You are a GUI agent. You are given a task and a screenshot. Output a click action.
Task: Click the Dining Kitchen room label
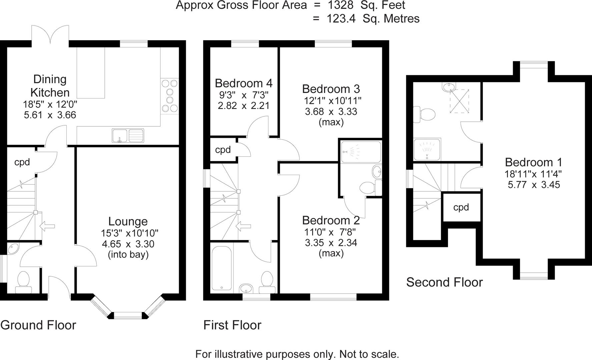[50, 86]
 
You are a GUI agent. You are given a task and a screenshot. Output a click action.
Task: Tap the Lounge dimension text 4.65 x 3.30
[128, 244]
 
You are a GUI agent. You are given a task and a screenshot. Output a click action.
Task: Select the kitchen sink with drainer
[128, 136]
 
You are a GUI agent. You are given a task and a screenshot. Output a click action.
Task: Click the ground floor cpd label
[22, 162]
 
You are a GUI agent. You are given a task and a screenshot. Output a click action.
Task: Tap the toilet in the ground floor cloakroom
[23, 281]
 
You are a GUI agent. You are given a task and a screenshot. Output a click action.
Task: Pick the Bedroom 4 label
[243, 83]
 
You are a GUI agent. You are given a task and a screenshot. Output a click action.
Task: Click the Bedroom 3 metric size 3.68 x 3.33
[331, 111]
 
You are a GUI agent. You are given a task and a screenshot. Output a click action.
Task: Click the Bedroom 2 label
[331, 220]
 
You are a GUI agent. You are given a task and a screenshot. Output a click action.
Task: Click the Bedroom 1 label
[533, 162]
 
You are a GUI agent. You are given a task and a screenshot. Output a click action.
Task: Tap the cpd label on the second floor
[461, 207]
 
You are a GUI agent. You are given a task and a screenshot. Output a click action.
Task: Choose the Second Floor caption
[444, 282]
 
